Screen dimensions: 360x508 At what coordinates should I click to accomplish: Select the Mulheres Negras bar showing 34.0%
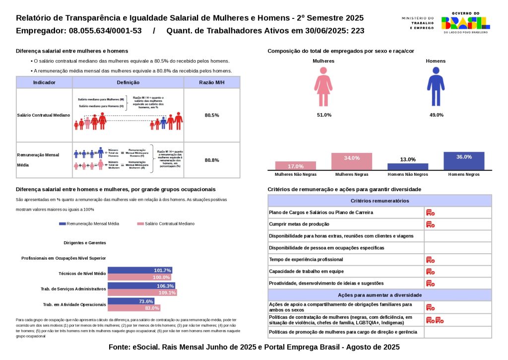(x=352, y=161)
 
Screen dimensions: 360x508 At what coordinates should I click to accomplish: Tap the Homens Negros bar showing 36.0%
(x=464, y=161)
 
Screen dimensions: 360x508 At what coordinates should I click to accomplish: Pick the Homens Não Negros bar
(x=408, y=166)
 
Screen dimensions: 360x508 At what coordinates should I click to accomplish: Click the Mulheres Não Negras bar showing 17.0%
(x=296, y=166)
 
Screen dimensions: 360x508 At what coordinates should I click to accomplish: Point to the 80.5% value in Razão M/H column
(x=212, y=115)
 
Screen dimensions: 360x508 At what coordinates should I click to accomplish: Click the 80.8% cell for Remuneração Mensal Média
(x=212, y=160)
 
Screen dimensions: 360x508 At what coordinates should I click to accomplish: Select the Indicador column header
(x=44, y=82)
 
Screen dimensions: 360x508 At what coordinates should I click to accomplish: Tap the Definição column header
(x=128, y=82)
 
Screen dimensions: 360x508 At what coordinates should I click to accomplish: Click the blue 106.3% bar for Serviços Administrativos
(x=141, y=286)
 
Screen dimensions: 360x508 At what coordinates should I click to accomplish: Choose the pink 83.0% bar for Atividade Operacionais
(x=134, y=308)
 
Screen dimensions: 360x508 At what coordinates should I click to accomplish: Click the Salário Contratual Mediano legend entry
(x=166, y=224)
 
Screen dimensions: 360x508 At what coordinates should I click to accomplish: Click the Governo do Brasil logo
(x=465, y=23)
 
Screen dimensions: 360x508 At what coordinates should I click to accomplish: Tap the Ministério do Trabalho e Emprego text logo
(x=417, y=23)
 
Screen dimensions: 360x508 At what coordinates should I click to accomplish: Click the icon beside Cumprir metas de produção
(x=430, y=224)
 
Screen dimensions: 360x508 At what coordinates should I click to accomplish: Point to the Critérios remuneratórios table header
(x=380, y=201)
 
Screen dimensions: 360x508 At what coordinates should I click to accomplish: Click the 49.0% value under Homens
(x=436, y=115)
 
